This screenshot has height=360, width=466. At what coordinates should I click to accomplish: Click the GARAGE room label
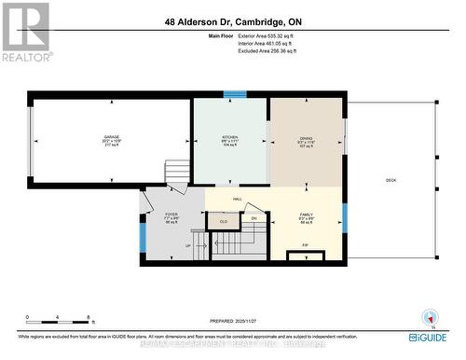point(112,137)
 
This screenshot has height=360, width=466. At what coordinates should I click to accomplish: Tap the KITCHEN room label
point(230,137)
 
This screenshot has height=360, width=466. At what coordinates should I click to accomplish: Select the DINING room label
point(307,137)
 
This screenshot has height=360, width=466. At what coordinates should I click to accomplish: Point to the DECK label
point(391,179)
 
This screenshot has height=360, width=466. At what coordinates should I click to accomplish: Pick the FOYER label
point(171,214)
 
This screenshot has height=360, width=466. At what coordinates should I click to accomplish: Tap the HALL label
point(238,199)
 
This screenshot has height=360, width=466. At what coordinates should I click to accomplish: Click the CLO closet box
point(223,221)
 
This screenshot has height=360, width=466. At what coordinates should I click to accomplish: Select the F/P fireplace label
point(305,245)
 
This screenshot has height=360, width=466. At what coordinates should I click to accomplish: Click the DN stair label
point(254,218)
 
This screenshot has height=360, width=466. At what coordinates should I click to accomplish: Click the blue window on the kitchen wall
point(235,93)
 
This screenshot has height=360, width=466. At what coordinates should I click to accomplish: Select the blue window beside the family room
point(344,216)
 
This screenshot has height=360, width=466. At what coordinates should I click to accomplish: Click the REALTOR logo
point(25,32)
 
